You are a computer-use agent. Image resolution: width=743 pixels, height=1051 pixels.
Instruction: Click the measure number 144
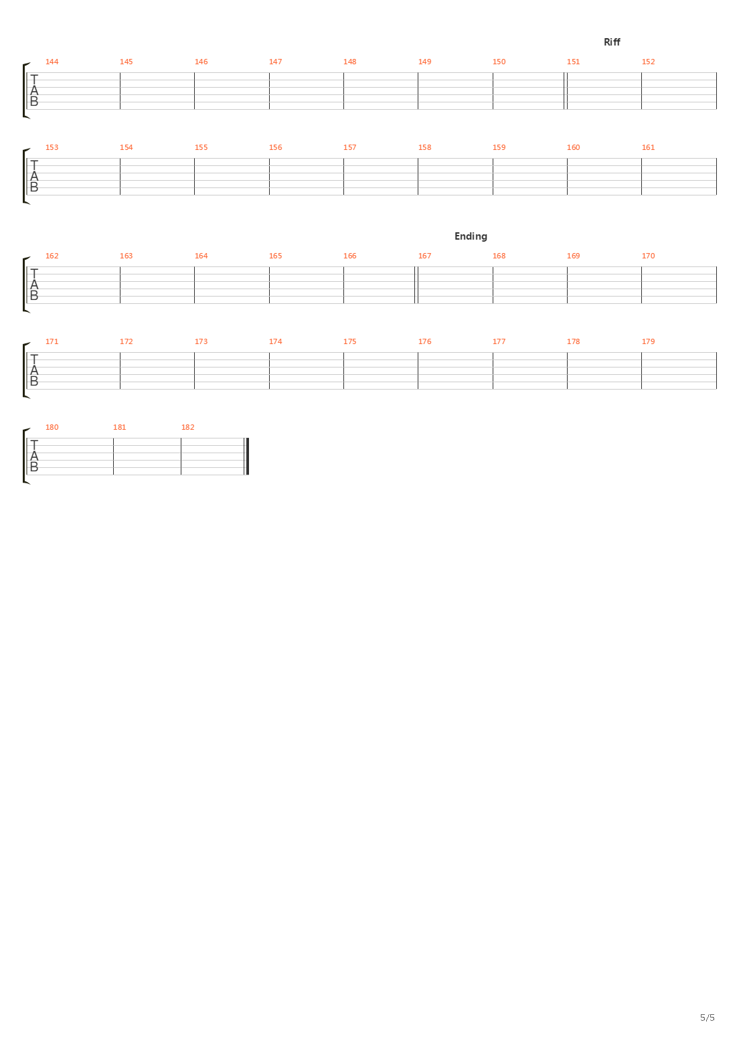52,62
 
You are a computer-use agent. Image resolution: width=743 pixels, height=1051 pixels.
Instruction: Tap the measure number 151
573,62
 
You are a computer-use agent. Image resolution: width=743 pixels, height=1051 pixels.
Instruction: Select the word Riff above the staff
612,42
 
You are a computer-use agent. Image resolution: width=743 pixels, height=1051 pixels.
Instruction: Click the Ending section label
471,236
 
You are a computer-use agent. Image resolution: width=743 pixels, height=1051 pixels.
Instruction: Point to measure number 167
424,256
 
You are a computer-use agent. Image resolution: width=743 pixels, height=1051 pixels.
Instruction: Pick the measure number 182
187,427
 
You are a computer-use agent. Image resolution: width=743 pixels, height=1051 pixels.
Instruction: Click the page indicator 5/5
708,1018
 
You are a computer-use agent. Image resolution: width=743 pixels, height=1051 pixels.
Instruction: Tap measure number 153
52,147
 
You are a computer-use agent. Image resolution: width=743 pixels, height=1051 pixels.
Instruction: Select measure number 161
648,147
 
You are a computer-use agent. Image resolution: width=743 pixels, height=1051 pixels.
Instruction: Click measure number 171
52,341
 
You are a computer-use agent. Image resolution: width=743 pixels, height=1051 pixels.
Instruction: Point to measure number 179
648,341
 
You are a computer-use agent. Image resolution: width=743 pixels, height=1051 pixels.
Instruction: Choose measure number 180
52,427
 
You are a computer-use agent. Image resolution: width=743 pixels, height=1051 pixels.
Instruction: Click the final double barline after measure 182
248,457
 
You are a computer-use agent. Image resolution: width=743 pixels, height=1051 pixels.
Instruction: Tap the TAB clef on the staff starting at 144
34,91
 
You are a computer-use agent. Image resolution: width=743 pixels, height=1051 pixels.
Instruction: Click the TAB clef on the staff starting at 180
34,457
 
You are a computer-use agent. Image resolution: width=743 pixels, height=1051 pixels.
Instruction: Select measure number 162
52,256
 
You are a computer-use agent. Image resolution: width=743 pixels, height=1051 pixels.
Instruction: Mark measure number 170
648,256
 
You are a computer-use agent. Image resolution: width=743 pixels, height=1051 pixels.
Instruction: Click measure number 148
349,62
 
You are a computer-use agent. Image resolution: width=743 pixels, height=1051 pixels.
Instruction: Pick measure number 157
349,147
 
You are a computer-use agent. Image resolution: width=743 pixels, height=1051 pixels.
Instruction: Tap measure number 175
349,341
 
